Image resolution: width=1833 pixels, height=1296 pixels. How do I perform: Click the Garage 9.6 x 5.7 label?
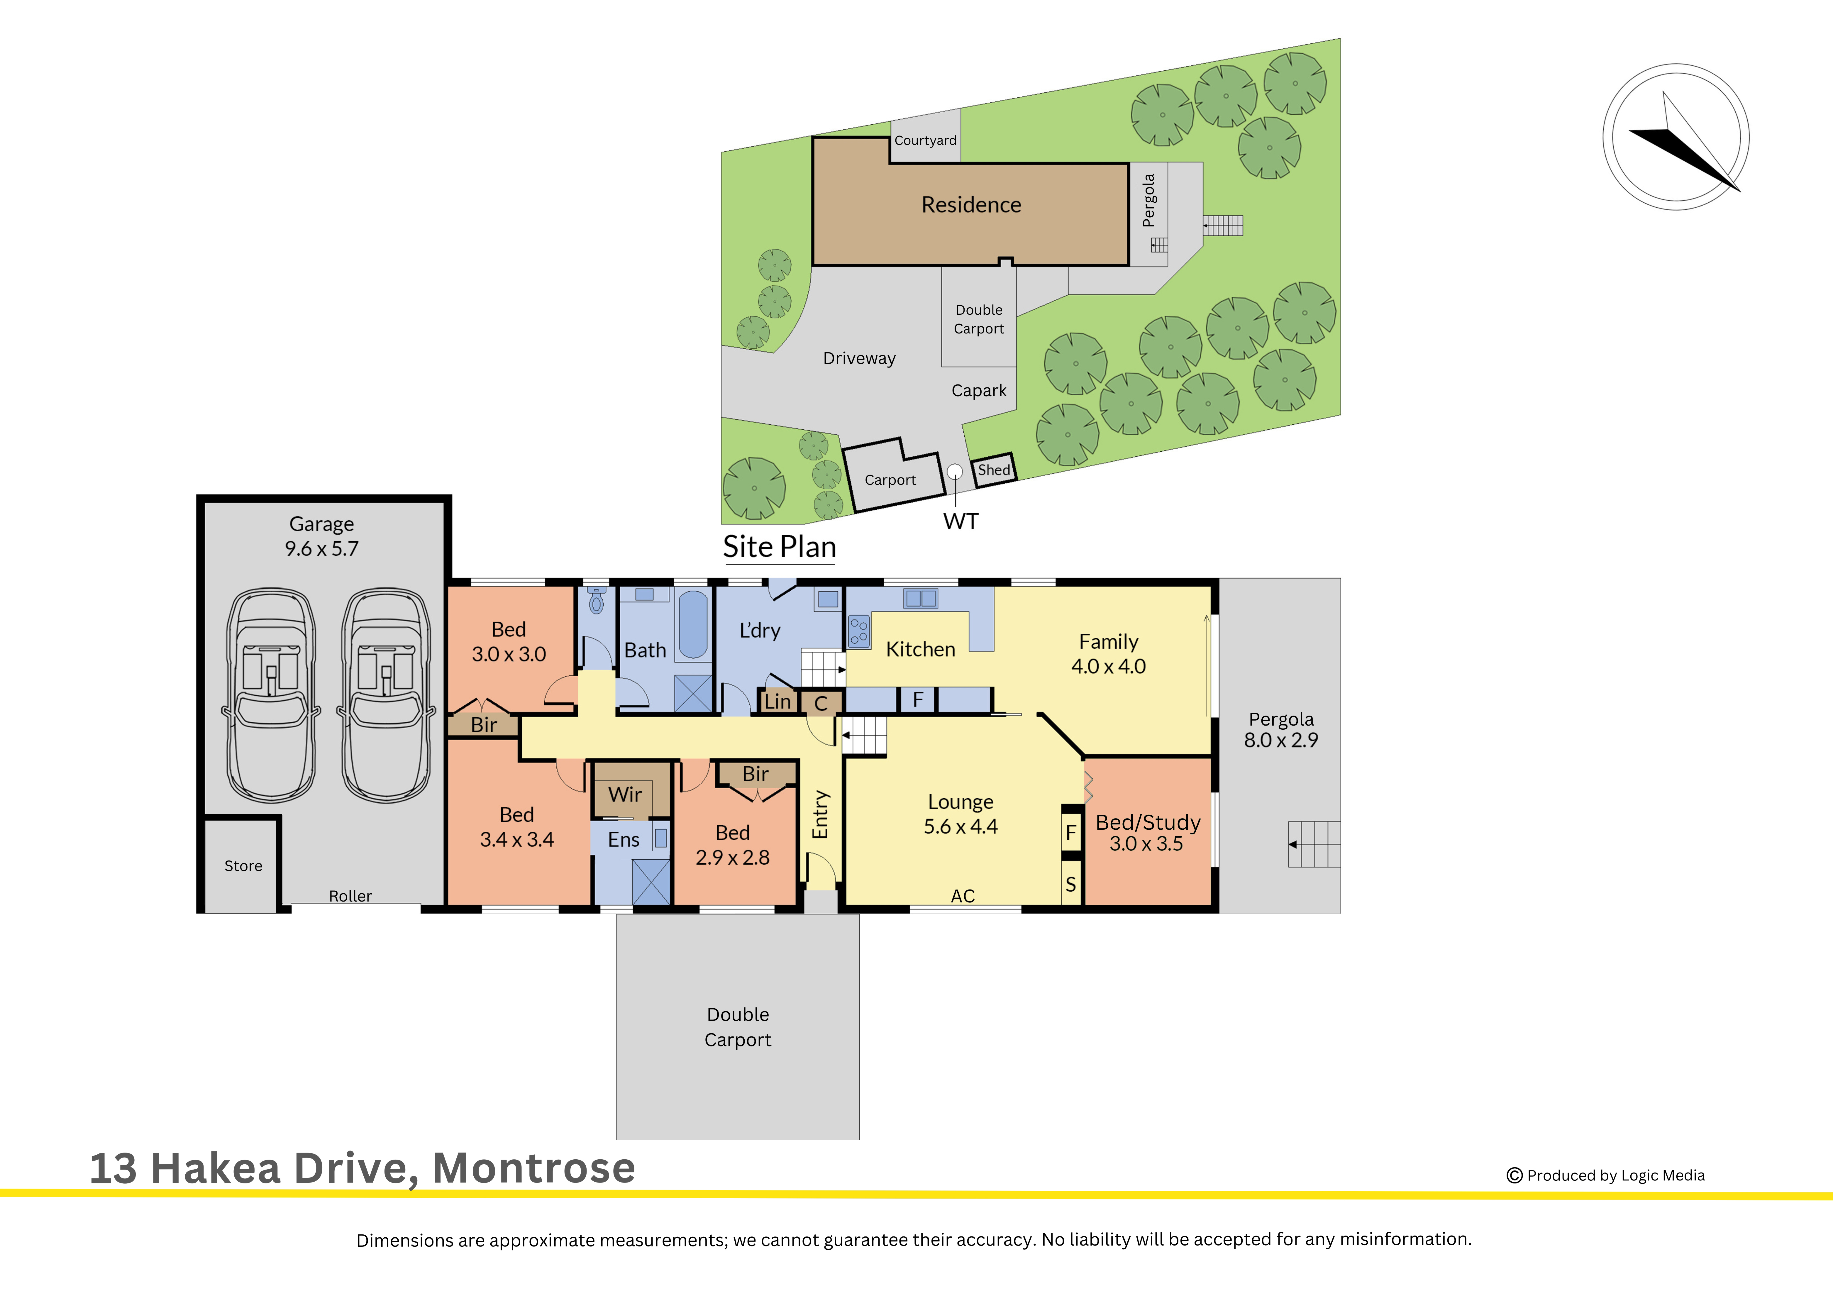[322, 536]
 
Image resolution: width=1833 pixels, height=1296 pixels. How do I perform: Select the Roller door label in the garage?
[350, 896]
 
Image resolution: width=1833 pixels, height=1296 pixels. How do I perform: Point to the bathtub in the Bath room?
[692, 624]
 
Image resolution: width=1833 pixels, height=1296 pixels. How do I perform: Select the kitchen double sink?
[921, 598]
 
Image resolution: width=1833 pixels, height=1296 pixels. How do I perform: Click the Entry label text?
[821, 814]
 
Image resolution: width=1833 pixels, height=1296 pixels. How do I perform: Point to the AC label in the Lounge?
[963, 896]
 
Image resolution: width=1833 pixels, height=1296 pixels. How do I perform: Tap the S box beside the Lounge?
[1070, 884]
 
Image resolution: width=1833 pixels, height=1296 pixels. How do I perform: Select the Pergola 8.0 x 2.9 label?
[1280, 730]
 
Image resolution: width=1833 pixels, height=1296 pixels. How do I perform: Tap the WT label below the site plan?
[960, 521]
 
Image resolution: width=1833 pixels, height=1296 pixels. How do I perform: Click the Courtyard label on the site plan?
[925, 140]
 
